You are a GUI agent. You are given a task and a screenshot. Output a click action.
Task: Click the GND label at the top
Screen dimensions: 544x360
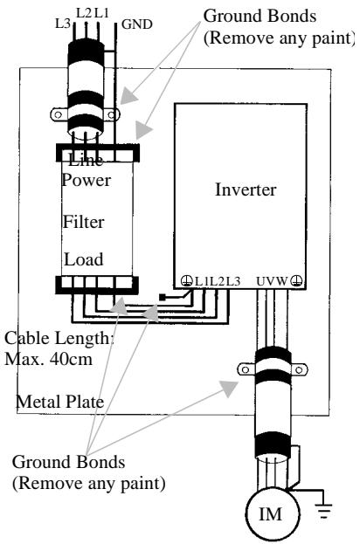pos(139,25)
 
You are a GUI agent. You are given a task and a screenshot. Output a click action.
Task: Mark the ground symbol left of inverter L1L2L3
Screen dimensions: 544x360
pos(186,280)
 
